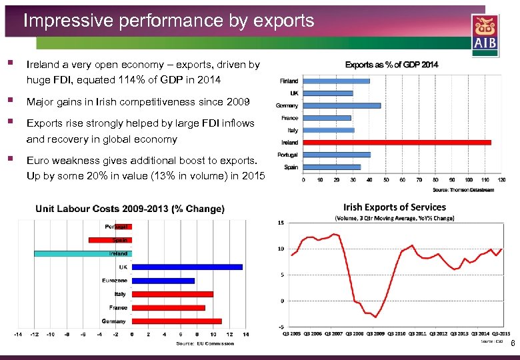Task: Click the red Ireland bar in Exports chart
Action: [397, 142]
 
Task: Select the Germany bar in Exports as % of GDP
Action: [342, 105]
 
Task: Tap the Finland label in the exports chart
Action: [289, 81]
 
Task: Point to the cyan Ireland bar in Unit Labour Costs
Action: [83, 253]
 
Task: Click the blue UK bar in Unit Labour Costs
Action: [187, 267]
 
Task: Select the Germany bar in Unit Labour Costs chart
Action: [177, 321]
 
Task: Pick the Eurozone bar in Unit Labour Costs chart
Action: [163, 281]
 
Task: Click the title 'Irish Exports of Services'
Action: [395, 207]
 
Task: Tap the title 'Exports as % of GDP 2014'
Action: [391, 65]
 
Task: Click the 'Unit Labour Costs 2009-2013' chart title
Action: [130, 209]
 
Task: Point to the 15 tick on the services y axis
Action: [281, 223]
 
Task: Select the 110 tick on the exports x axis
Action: [485, 179]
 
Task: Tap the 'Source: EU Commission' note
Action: [205, 344]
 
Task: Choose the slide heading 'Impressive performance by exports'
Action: [169, 21]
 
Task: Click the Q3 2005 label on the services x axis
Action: [291, 333]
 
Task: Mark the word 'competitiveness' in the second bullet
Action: [153, 102]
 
